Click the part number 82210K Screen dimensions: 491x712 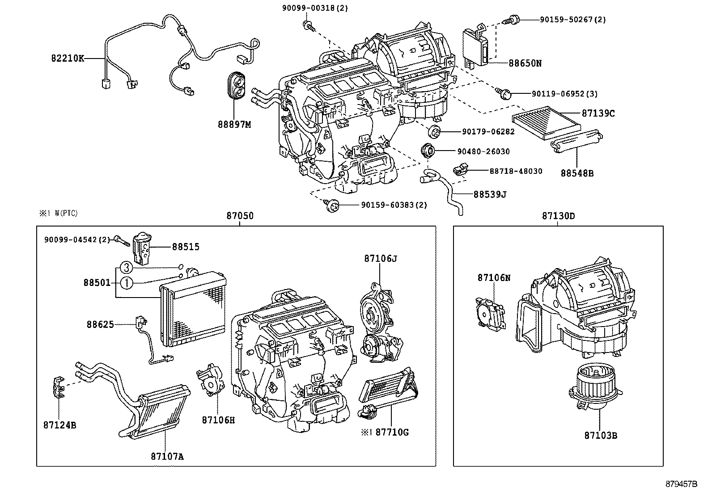coord(67,58)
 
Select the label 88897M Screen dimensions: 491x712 coord(235,124)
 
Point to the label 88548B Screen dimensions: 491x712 coord(577,173)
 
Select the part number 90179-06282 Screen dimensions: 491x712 coord(488,131)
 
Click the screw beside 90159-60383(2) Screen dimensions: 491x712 coord(331,206)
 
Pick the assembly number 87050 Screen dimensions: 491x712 coord(240,216)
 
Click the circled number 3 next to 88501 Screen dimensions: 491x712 coord(127,268)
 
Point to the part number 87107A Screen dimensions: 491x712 coord(167,456)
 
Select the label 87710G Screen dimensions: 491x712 coord(392,432)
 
